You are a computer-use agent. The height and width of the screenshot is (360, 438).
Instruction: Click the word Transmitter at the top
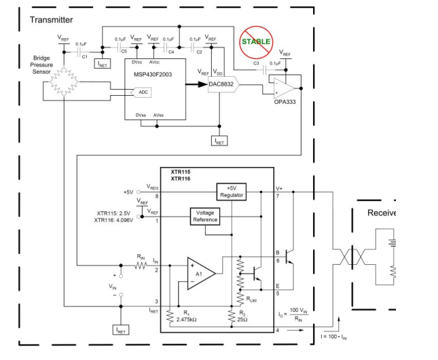pos(51,20)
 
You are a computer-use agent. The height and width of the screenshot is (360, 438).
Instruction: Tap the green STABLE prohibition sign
pos(255,41)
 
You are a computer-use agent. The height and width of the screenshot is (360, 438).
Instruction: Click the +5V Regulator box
pos(230,191)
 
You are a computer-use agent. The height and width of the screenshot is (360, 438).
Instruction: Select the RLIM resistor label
pos(251,299)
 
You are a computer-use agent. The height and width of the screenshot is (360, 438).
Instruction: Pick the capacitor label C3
pos(256,63)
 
